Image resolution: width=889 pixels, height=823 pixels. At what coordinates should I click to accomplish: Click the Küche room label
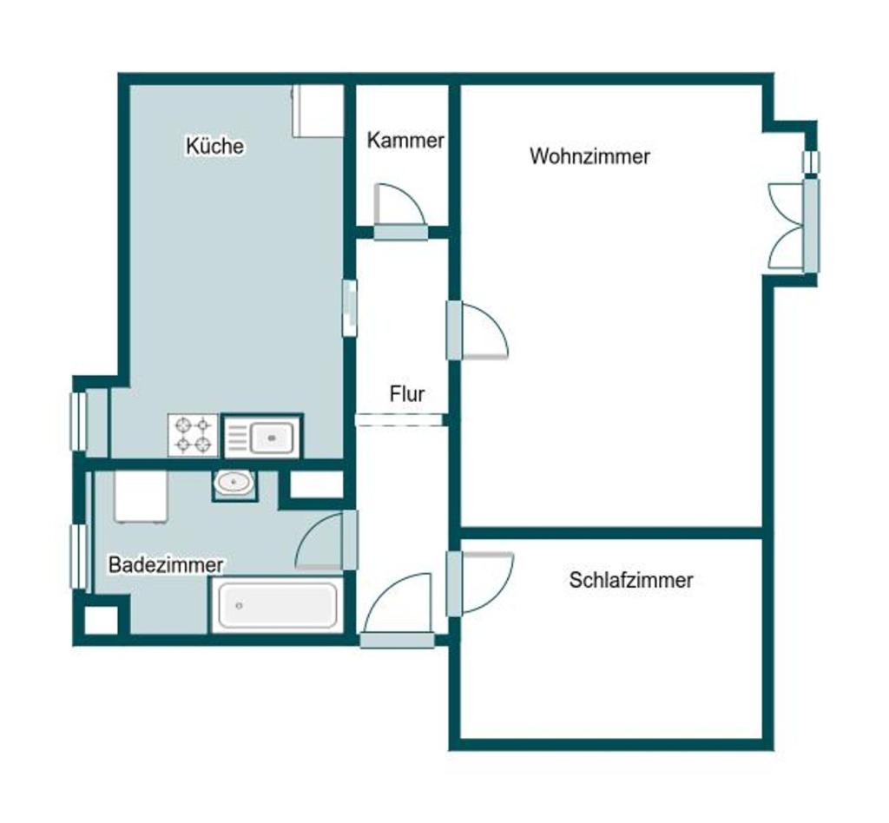tap(215, 146)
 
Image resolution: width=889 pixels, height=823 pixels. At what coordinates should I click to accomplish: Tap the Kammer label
tap(405, 140)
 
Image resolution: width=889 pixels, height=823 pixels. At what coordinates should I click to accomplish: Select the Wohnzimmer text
tap(589, 156)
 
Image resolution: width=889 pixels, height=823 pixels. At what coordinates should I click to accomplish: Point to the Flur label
tap(407, 393)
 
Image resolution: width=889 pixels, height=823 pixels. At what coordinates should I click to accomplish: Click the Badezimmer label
tap(166, 564)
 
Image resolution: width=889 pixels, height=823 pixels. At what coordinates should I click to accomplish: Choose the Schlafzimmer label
tap(631, 580)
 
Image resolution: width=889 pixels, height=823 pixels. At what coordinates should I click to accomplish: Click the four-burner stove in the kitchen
tap(193, 435)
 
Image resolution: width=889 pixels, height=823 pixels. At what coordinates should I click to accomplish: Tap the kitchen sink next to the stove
tap(262, 436)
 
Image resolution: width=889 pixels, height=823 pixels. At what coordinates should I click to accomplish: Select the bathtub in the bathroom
tap(278, 605)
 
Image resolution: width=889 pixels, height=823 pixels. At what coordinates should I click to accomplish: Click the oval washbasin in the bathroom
tap(234, 484)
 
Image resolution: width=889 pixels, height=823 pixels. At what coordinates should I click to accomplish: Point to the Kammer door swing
tap(399, 205)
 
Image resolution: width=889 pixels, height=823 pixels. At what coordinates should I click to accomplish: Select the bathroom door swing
tap(319, 540)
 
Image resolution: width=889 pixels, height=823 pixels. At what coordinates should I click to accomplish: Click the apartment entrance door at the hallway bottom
tap(397, 610)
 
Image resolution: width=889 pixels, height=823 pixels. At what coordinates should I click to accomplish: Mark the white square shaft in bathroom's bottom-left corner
tap(101, 620)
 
